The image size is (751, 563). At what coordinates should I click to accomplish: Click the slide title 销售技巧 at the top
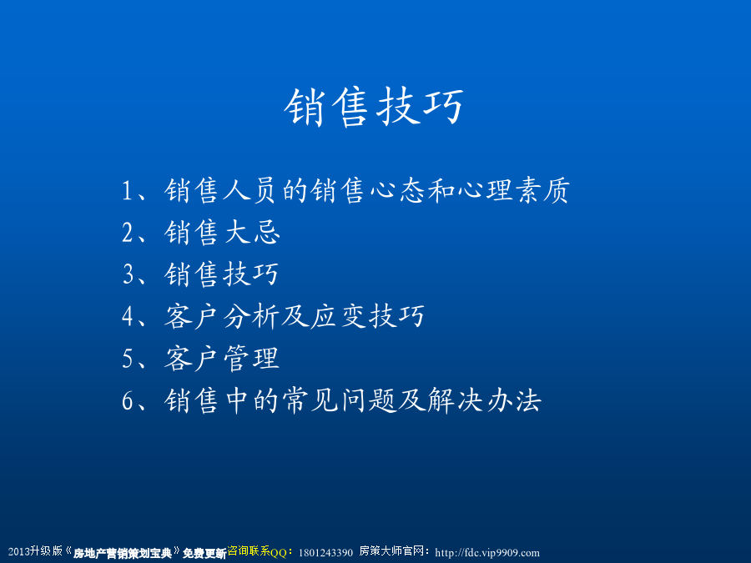point(374,107)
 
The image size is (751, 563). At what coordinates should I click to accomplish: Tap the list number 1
point(127,190)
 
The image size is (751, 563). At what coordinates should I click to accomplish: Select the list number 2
point(128,233)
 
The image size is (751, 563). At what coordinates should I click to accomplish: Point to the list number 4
point(128,316)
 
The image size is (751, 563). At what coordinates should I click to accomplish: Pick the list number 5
point(128,358)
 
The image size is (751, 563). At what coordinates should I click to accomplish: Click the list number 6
point(128,400)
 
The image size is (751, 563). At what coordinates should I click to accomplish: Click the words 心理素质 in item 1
point(513,190)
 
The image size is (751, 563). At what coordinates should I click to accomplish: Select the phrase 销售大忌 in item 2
point(222,233)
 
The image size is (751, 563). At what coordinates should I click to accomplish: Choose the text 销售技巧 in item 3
point(221,274)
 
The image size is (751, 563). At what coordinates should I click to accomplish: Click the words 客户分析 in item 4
point(221,316)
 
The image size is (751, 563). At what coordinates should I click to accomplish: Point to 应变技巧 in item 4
point(367,316)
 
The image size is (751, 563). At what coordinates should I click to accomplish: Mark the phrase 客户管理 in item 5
point(221,358)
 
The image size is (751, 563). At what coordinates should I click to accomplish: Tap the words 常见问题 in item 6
point(339,400)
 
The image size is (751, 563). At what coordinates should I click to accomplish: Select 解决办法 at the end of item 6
point(485,400)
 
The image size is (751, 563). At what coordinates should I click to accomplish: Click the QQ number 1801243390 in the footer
point(325,553)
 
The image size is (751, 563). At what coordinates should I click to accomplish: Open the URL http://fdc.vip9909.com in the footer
point(487,553)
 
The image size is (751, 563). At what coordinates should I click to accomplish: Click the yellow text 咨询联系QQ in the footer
point(257,551)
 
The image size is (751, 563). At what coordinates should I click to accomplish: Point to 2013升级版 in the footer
point(35,551)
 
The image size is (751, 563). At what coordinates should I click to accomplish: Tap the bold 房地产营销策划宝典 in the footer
point(123,554)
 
